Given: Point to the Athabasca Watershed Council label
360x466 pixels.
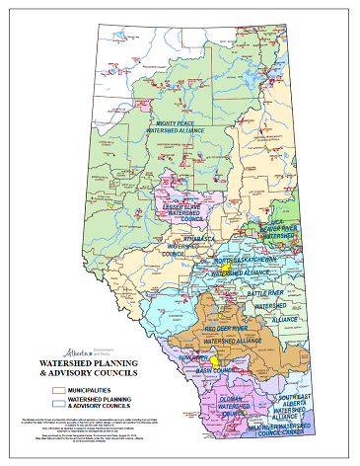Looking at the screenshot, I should point(175,247).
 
